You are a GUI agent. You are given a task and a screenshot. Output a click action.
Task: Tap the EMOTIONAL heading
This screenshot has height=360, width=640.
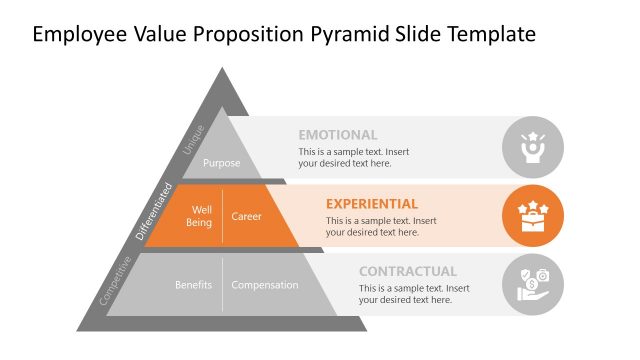point(337,135)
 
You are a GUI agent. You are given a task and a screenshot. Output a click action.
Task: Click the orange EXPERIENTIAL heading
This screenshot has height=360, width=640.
point(371,203)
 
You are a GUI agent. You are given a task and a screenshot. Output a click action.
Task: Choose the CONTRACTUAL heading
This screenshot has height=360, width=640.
point(407,271)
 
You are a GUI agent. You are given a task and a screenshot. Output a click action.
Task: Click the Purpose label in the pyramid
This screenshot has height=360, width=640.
point(221,162)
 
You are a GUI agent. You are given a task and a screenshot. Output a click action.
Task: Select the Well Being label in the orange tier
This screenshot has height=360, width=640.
point(199,216)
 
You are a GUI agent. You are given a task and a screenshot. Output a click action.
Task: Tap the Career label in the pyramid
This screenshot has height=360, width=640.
point(246,216)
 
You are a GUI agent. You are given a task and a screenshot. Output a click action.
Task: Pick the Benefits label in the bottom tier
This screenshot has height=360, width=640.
point(193,285)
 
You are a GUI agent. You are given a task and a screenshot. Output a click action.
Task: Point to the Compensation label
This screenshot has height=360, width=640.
point(265,285)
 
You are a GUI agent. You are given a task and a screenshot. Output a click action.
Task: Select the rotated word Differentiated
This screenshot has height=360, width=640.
point(154,212)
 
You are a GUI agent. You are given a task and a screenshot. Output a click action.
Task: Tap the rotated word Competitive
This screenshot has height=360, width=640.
point(116,281)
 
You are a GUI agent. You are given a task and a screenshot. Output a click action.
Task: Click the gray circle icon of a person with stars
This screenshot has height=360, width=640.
point(532,147)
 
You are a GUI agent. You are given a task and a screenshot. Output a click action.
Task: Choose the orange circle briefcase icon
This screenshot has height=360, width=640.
point(532,215)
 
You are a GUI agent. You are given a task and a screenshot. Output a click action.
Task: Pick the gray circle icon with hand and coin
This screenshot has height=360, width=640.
point(532,284)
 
